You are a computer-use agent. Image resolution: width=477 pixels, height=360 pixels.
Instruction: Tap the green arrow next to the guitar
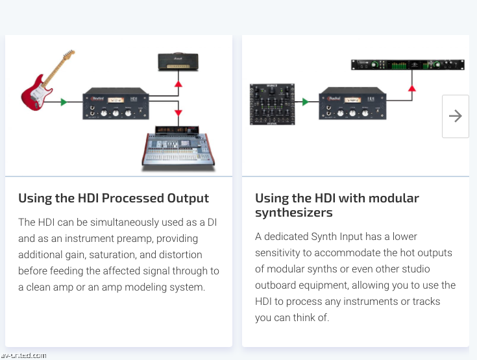[63, 102]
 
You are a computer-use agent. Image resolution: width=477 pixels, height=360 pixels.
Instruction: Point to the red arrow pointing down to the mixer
[178, 114]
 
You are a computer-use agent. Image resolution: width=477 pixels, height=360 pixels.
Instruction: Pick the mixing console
[178, 150]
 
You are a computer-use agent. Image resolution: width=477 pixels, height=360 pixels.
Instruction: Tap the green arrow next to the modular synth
[304, 102]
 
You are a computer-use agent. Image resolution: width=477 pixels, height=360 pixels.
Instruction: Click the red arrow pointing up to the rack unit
[411, 88]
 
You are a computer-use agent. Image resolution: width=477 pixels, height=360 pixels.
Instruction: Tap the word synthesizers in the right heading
[294, 213]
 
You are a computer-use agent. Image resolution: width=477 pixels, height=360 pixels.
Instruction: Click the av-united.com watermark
[23, 355]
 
